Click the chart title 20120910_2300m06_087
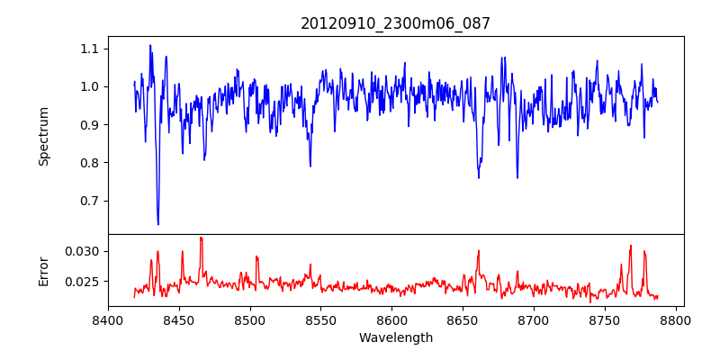tap(395, 23)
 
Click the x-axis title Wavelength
tap(395, 338)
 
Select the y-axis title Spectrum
tap(43, 136)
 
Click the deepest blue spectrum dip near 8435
tap(158, 223)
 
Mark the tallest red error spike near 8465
tap(201, 238)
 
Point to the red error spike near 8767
tap(631, 246)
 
